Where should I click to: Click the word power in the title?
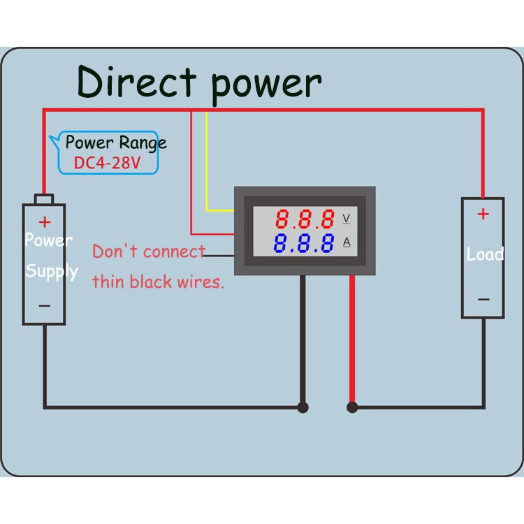[x=265, y=84]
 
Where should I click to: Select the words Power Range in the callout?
[x=116, y=143]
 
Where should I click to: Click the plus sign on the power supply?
[x=45, y=222]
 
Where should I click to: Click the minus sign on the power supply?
[x=44, y=305]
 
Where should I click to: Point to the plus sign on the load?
[x=483, y=214]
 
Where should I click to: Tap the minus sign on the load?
[x=483, y=300]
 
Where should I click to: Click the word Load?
[x=485, y=254]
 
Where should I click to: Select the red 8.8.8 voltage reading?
[x=304, y=220]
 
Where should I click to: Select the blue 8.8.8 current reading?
[x=304, y=244]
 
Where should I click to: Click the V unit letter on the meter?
[x=346, y=219]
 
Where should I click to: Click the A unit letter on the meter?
[x=346, y=242]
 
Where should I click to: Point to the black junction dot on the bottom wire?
[x=303, y=407]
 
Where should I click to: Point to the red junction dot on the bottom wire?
[x=352, y=407]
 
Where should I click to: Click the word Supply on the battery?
[x=52, y=271]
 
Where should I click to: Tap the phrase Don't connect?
[x=149, y=252]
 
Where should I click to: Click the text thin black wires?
[x=158, y=282]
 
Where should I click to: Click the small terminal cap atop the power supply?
[x=44, y=200]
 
